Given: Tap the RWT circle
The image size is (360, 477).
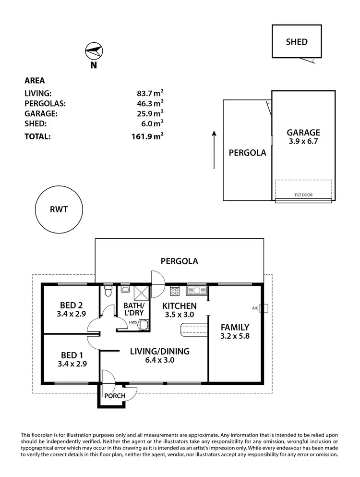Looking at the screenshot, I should (x=59, y=209).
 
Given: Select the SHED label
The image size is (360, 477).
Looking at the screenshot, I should (x=297, y=42).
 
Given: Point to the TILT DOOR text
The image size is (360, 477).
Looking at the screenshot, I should (x=303, y=196).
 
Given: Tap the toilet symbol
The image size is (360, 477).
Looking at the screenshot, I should (x=108, y=291).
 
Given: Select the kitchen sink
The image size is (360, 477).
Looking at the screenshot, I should (x=196, y=290).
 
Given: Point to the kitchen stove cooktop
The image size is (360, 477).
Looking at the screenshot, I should (x=175, y=291).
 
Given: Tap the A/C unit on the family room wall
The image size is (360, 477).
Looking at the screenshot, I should (x=264, y=309).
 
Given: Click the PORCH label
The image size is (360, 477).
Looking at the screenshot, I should (x=115, y=396).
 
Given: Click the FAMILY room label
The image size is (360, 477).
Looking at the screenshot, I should (x=235, y=328).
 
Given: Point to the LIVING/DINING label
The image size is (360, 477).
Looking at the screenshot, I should (x=160, y=351).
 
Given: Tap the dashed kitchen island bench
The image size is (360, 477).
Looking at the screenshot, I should (x=194, y=330).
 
